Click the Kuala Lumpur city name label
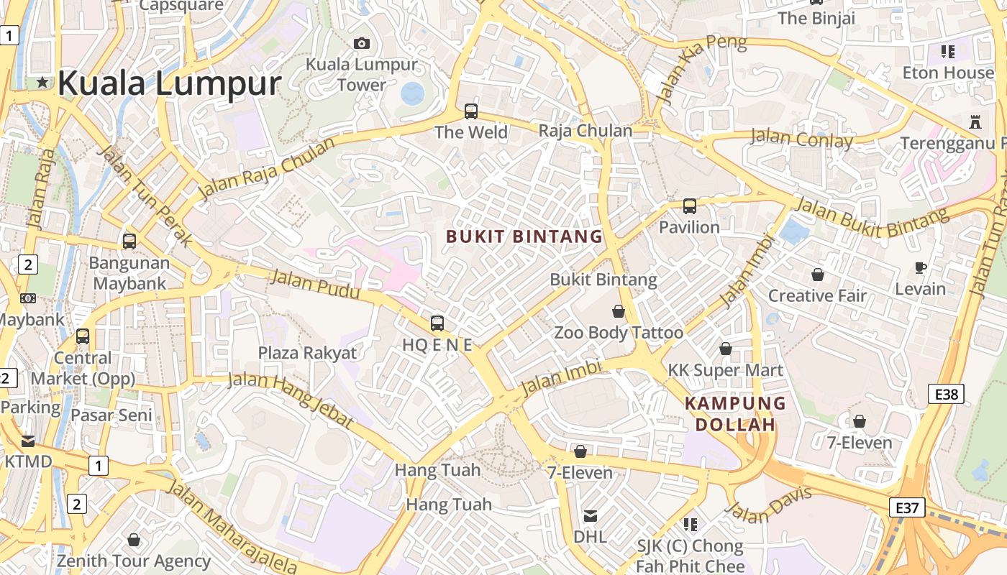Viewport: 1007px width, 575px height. (169, 83)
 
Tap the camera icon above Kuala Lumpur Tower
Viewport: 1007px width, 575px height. (362, 43)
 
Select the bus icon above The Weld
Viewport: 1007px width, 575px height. (471, 111)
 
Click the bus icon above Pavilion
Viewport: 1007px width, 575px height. (690, 206)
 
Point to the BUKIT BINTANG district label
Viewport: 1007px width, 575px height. (524, 236)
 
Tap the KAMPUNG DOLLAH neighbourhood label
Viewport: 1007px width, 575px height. (735, 414)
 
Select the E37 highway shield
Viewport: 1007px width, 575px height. (906, 507)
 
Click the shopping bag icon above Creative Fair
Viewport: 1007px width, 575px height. (818, 275)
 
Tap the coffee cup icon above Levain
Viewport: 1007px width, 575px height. (921, 267)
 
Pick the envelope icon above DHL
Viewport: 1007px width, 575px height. (591, 515)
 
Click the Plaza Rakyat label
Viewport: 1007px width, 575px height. (307, 353)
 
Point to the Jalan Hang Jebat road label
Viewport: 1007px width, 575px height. (291, 400)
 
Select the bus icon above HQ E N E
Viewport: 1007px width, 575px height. (437, 323)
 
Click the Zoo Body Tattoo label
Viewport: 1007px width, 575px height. (619, 333)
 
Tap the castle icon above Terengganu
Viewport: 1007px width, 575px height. (975, 121)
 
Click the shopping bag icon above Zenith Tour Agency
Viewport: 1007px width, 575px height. (134, 539)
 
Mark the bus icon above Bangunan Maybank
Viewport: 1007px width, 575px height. (129, 241)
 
